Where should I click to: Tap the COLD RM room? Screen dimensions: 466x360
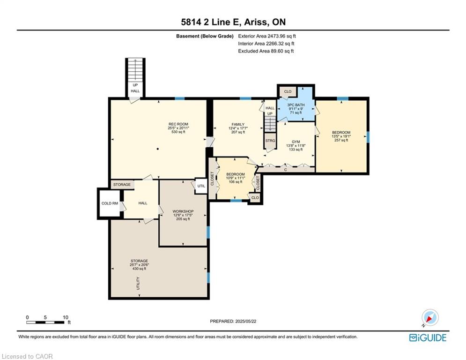pyautogui.click(x=110, y=203)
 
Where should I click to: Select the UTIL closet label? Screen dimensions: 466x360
pyautogui.click(x=201, y=186)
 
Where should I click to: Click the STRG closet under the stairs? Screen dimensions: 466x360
pyautogui.click(x=270, y=141)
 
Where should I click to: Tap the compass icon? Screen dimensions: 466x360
pyautogui.click(x=430, y=317)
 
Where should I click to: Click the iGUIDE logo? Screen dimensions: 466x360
pyautogui.click(x=428, y=337)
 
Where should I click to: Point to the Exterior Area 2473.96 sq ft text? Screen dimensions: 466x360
pyautogui.click(x=267, y=36)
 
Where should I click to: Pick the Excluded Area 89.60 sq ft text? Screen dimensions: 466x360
pyautogui.click(x=266, y=51)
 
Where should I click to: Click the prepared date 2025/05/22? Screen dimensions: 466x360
pyautogui.click(x=233, y=321)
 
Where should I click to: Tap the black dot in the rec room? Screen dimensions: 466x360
pyautogui.click(x=158, y=149)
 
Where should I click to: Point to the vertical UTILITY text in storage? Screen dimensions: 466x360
pyautogui.click(x=138, y=283)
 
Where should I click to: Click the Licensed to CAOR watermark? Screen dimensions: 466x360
pyautogui.click(x=27, y=356)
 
